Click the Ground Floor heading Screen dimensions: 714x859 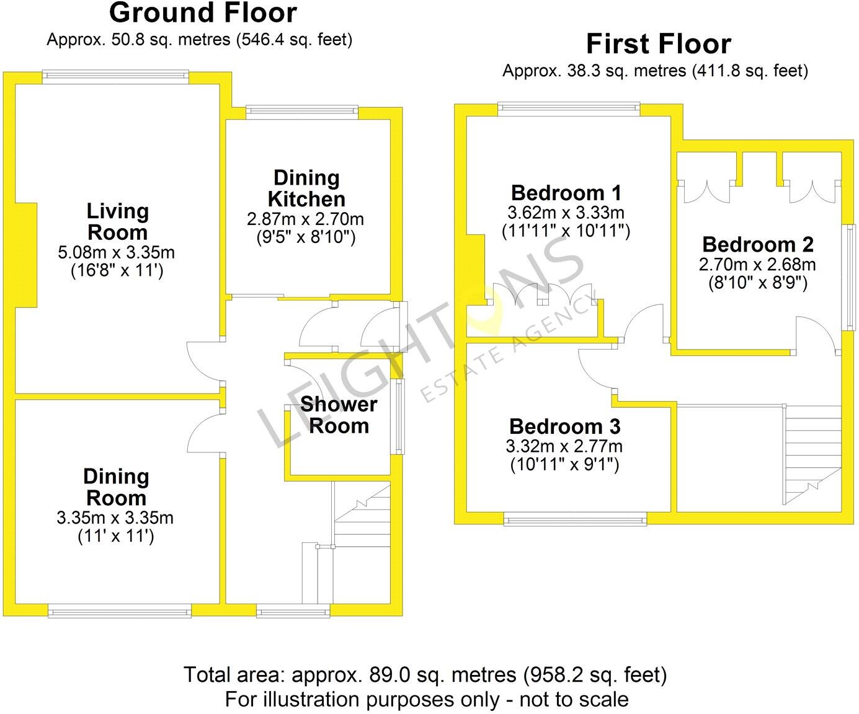pyautogui.click(x=203, y=13)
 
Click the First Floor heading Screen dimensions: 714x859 pyautogui.click(x=658, y=44)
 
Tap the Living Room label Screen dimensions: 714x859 pyautogui.click(x=117, y=221)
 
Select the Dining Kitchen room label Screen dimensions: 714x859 pyautogui.click(x=306, y=188)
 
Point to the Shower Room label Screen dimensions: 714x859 pyautogui.click(x=339, y=415)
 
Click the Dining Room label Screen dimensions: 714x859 pyautogui.click(x=116, y=487)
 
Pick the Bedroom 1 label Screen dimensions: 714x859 pyautogui.click(x=566, y=193)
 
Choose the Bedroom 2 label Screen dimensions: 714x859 pyautogui.click(x=757, y=244)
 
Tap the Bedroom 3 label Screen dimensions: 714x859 pyautogui.click(x=564, y=426)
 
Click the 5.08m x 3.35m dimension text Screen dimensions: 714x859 pyautogui.click(x=117, y=253)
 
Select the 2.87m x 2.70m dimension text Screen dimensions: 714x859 pyautogui.click(x=305, y=219)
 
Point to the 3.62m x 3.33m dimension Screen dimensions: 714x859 pyautogui.click(x=566, y=213)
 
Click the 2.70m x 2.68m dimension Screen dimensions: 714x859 pyautogui.click(x=757, y=265)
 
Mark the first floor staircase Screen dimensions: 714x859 pyautogui.click(x=812, y=452)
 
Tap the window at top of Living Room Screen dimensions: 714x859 pyautogui.click(x=115, y=76)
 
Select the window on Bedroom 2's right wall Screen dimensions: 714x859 pyautogui.click(x=849, y=276)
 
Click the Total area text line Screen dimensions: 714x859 pyautogui.click(x=425, y=674)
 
